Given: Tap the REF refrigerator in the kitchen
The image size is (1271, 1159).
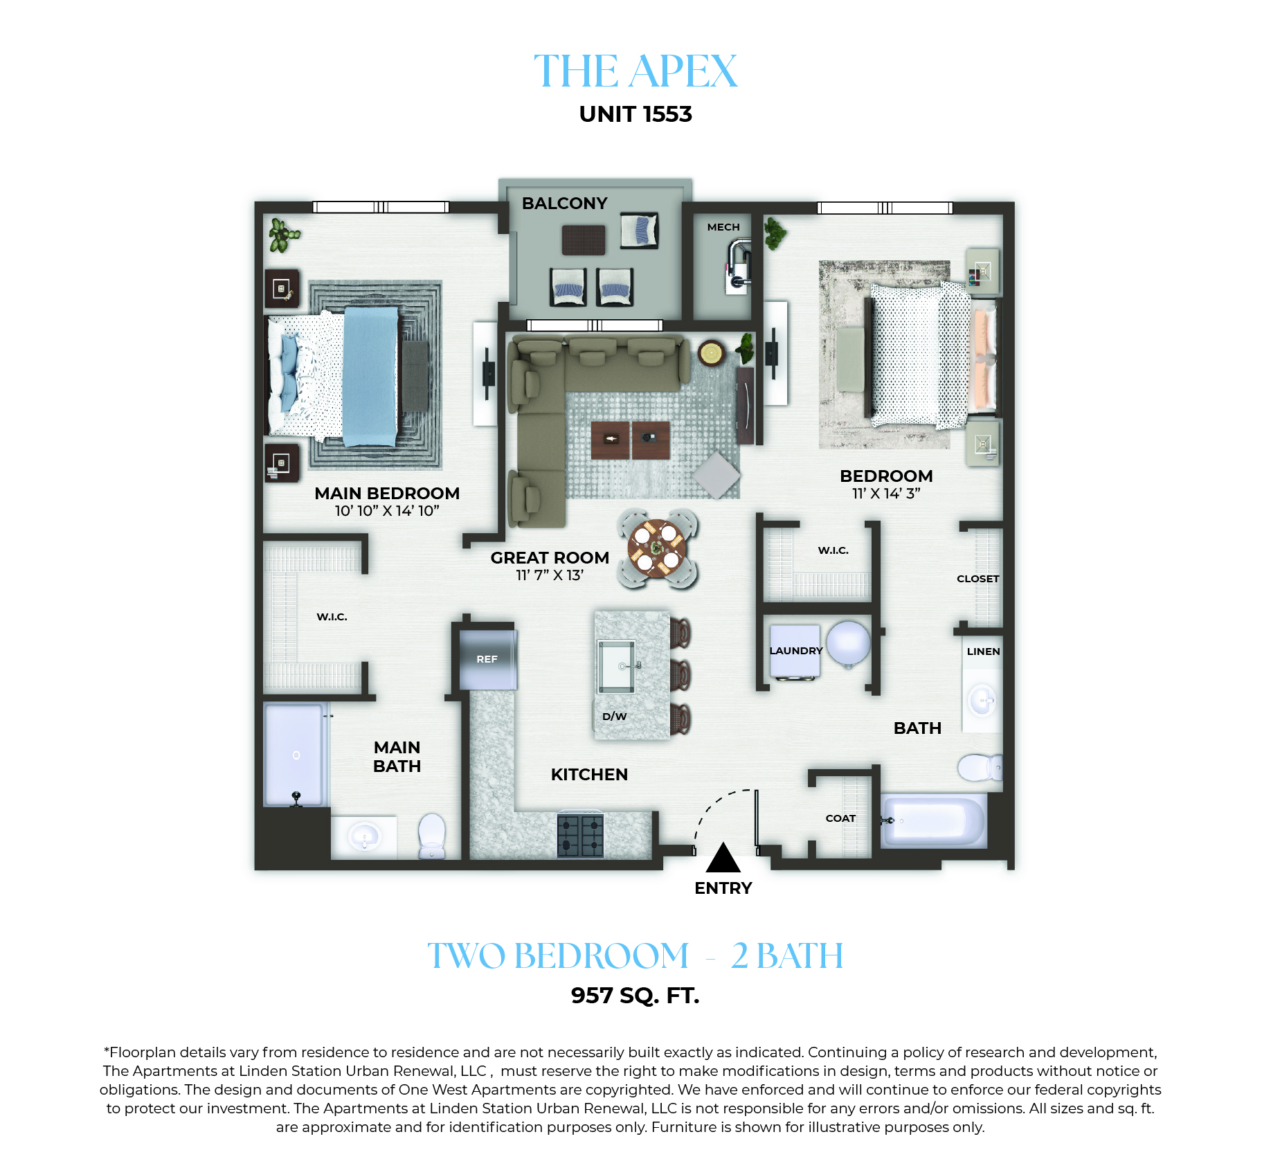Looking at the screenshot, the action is (x=488, y=659).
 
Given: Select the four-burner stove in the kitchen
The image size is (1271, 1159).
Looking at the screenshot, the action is (x=580, y=835).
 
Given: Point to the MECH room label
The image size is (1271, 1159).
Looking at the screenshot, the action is (x=723, y=227).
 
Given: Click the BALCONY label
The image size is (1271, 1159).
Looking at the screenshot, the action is (x=564, y=204).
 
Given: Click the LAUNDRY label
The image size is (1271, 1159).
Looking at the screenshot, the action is (x=796, y=651).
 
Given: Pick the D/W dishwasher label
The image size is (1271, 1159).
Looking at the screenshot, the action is (x=614, y=717).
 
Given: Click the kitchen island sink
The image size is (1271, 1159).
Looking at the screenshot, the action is (x=616, y=666).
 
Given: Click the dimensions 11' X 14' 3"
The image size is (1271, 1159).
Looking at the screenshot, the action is (x=886, y=494).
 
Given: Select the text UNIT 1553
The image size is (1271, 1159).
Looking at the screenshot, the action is (x=635, y=114).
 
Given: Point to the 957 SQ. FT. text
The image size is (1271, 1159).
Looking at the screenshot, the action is (x=635, y=996).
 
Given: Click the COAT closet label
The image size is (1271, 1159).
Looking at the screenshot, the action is (x=840, y=818).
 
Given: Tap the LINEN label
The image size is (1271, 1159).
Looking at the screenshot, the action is (x=983, y=652).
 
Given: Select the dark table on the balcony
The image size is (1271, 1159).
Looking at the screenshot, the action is (x=584, y=240).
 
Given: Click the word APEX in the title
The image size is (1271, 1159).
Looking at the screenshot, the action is (x=684, y=71).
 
